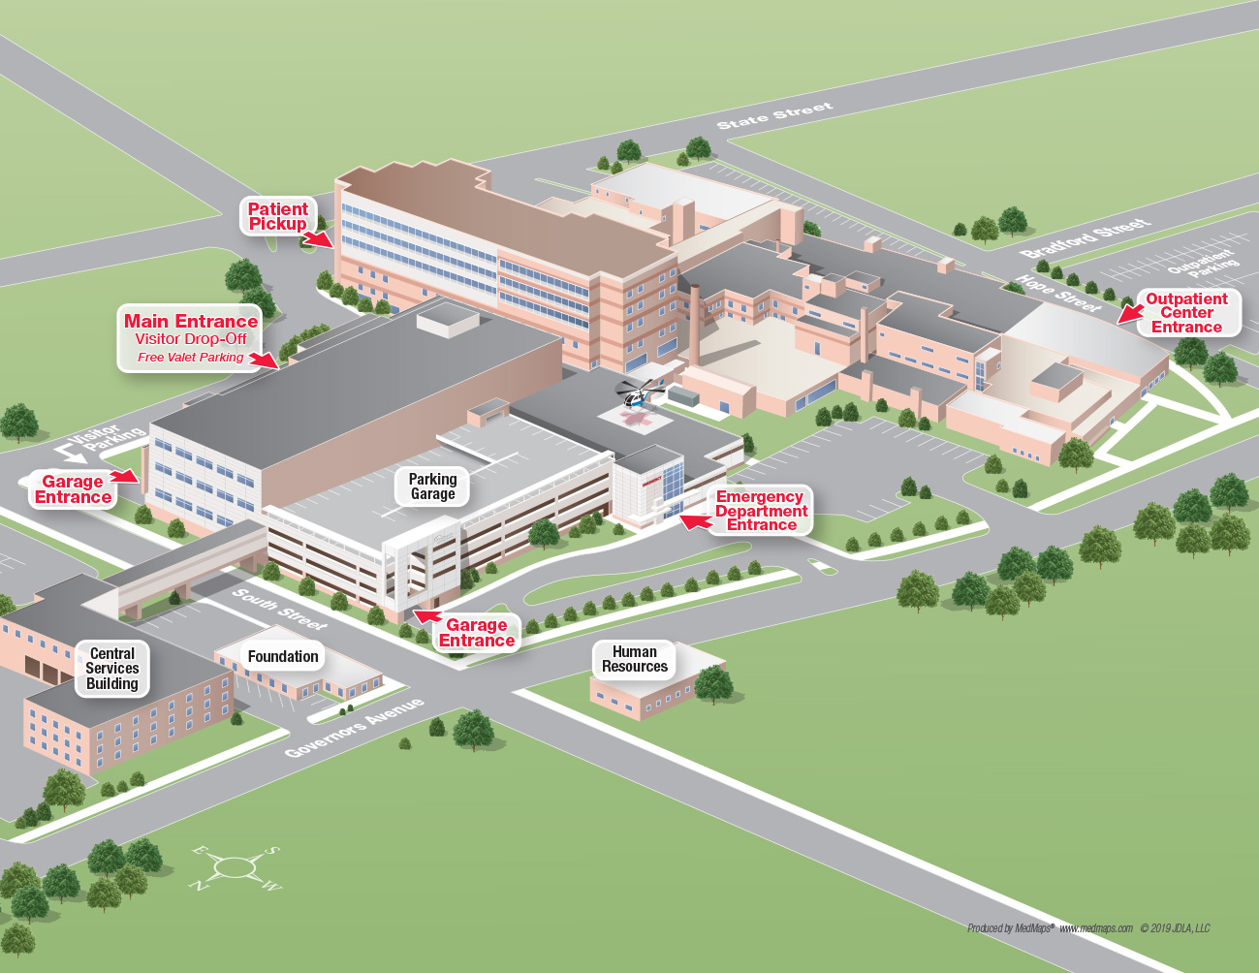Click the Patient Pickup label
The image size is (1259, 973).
[277, 216]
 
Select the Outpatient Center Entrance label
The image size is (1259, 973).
[1186, 313]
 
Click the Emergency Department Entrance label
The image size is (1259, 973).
[761, 511]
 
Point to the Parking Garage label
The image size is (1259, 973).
[432, 486]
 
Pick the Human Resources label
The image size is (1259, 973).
[635, 659]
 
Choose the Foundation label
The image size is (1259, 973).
[283, 657]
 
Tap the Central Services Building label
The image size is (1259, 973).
[112, 669]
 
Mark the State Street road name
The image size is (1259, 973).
[774, 115]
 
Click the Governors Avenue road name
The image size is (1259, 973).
[354, 727]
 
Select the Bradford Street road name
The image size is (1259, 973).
[1086, 237]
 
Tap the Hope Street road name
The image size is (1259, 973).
[1057, 293]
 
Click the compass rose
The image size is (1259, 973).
[236, 867]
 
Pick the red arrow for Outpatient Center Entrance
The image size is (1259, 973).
[1129, 312]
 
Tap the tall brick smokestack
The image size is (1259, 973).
[694, 325]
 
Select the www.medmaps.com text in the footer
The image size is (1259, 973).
[1095, 928]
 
